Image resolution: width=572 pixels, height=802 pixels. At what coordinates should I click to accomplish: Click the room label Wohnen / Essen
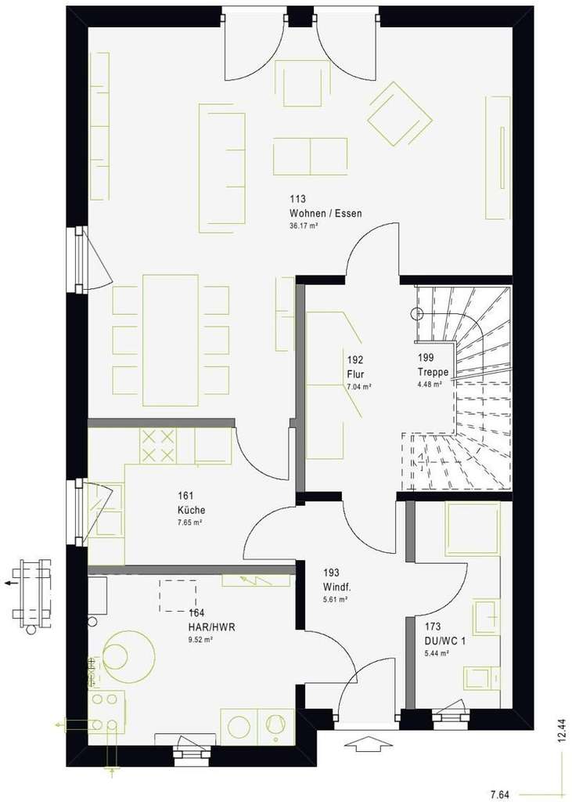pos(325,214)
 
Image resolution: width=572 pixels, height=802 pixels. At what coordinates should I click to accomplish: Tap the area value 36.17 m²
pos(304,226)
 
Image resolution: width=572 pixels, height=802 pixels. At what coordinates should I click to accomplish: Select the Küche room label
pos(191,510)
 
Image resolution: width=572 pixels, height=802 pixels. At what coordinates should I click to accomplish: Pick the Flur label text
pos(355,374)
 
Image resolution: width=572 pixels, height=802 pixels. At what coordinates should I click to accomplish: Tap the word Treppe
pos(433,372)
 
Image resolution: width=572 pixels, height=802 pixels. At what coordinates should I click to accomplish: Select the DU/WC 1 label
pos(444,640)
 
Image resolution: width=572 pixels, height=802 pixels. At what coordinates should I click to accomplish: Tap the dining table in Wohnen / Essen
pos(171,340)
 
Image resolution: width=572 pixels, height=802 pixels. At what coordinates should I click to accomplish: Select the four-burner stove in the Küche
pos(158,446)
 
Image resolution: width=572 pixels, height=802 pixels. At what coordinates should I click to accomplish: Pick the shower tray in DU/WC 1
pos(472,529)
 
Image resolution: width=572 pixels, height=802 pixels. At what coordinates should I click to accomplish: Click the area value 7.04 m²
pos(358,386)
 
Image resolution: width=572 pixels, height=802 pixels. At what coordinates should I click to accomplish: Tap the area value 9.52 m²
pos(201,639)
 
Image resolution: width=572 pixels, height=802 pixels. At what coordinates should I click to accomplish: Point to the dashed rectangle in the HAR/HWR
pos(178,595)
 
